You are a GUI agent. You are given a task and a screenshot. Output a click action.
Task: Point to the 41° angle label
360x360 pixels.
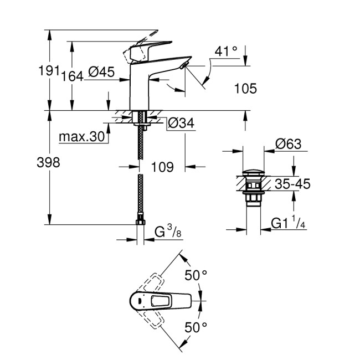(x=226, y=52)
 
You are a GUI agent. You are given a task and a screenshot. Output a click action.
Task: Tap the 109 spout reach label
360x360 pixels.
(x=162, y=167)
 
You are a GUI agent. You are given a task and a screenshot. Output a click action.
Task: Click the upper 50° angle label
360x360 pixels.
(x=196, y=275)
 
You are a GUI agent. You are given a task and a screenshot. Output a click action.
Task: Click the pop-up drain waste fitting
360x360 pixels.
(x=255, y=188)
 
